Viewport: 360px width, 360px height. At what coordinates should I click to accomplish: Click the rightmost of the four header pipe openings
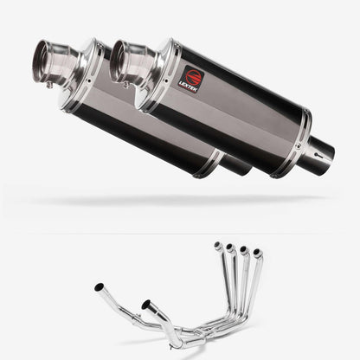click(256, 254)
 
